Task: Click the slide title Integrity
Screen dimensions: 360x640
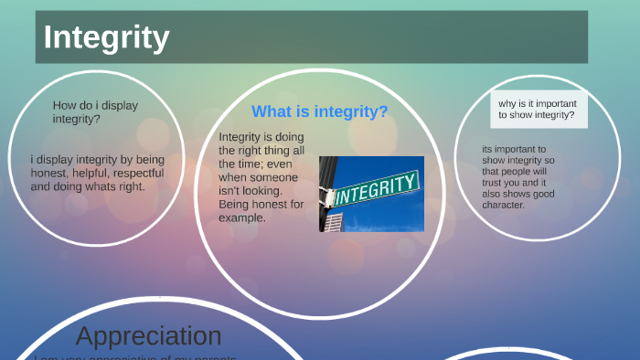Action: click(x=106, y=37)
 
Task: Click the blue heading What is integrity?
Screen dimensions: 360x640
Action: click(x=319, y=111)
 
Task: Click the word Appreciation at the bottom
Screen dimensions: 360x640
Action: click(x=148, y=335)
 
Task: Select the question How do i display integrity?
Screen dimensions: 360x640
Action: click(x=95, y=111)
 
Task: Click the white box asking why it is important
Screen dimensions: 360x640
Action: click(x=538, y=110)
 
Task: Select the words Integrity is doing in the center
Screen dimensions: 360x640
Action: click(x=261, y=137)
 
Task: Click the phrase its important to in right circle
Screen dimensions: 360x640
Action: click(x=514, y=149)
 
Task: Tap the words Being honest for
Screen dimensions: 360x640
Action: click(x=261, y=205)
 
